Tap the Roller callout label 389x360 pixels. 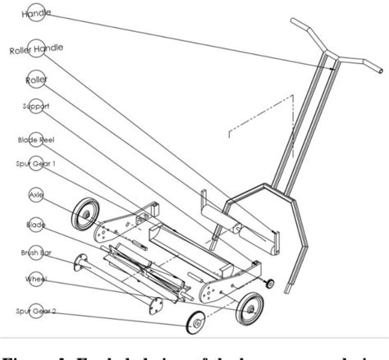(37, 80)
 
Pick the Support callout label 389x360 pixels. (35, 107)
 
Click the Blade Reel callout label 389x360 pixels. (36, 139)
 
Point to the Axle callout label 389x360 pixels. (35, 196)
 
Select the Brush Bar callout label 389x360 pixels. (35, 253)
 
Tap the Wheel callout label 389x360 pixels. (35, 280)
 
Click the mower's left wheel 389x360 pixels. (85, 216)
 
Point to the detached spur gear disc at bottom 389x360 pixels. (196, 323)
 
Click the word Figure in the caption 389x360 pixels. (33, 352)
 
